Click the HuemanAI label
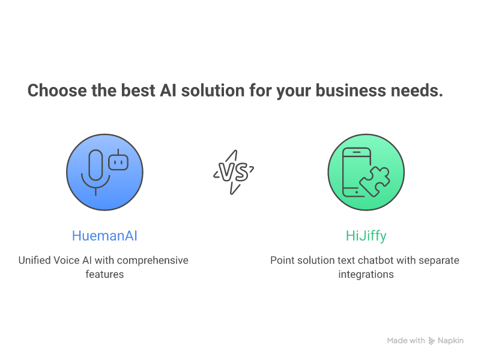[104, 236]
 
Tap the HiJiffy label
[366, 236]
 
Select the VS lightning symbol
[234, 172]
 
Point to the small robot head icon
[118, 160]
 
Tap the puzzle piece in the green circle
[375, 182]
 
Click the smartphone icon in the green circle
[357, 172]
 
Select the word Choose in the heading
[58, 91]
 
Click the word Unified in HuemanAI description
[34, 260]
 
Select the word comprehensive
[153, 261]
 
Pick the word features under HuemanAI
[104, 275]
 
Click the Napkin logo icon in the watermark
[432, 341]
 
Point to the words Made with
[406, 341]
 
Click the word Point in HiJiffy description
[281, 260]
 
